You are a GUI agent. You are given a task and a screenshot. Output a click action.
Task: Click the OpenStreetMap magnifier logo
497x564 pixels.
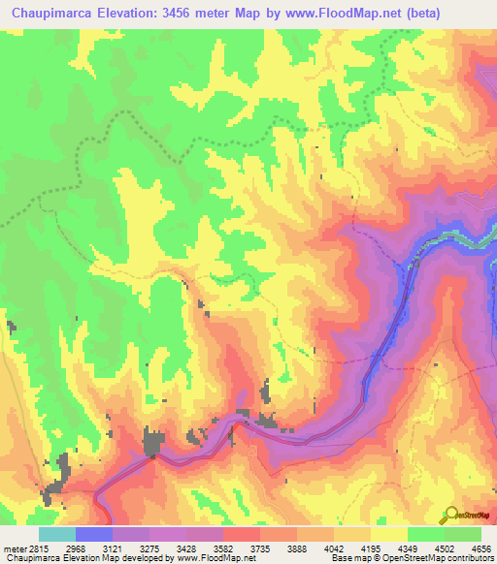coord(450,515)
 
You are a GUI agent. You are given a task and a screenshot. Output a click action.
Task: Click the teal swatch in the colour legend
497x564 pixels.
coord(56,534)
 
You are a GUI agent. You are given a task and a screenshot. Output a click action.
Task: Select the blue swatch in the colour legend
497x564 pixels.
coord(93,534)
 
